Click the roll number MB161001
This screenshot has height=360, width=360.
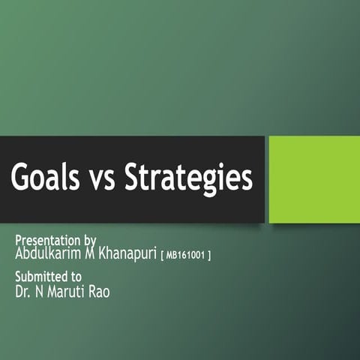click(184, 256)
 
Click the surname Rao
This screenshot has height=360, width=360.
click(100, 292)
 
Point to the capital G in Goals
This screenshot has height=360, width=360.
click(22, 179)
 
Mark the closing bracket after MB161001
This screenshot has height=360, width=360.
click(208, 256)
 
